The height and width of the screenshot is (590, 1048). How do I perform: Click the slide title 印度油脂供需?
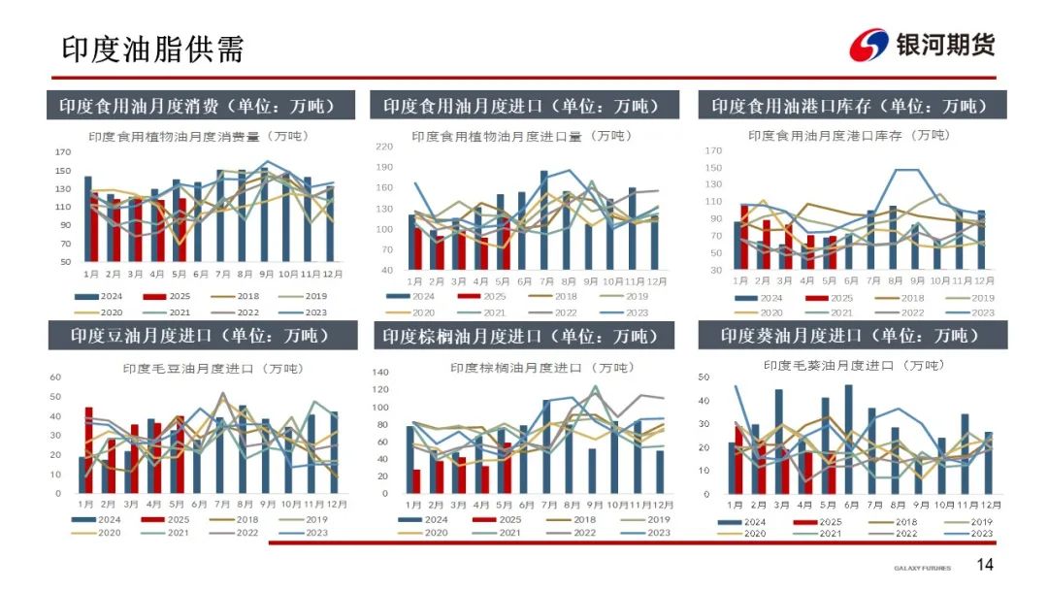tap(152, 49)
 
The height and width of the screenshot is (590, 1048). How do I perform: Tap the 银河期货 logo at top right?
tap(923, 45)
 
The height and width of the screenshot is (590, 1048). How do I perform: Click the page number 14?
tap(984, 566)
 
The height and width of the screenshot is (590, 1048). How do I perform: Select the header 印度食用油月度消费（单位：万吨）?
tap(196, 106)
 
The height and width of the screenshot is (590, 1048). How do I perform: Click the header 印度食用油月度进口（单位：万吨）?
tap(520, 106)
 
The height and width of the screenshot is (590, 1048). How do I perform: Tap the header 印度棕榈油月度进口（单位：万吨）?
tap(520, 336)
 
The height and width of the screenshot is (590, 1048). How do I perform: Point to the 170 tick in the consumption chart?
tap(63, 152)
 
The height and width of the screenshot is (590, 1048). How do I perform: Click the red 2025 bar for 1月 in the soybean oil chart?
tap(89, 450)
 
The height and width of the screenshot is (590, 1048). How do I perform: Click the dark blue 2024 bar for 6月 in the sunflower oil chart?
tap(848, 439)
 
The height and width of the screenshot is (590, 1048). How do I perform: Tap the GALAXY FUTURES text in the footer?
tap(922, 568)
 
